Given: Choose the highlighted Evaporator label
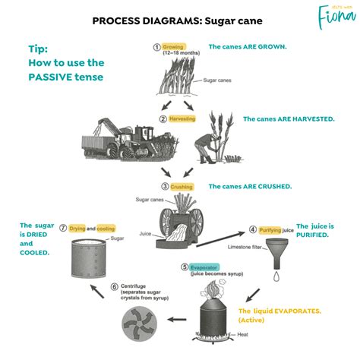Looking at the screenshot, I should pos(204,267).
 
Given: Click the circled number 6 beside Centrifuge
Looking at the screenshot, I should pos(114,287).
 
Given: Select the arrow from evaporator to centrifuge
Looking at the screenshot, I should pos(177,320).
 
